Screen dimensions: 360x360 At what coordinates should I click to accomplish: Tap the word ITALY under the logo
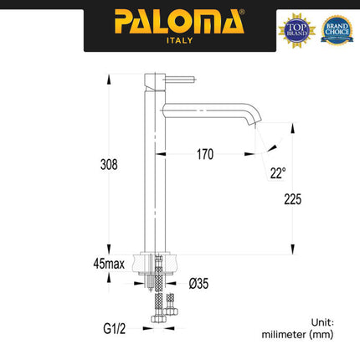(x=178, y=39)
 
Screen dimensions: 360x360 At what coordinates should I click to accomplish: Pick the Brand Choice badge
(x=337, y=29)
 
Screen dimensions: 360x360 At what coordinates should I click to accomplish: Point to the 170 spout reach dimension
(x=204, y=154)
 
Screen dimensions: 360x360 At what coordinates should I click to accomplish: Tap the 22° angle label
(x=277, y=173)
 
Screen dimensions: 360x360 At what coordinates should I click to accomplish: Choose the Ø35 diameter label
(x=199, y=284)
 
